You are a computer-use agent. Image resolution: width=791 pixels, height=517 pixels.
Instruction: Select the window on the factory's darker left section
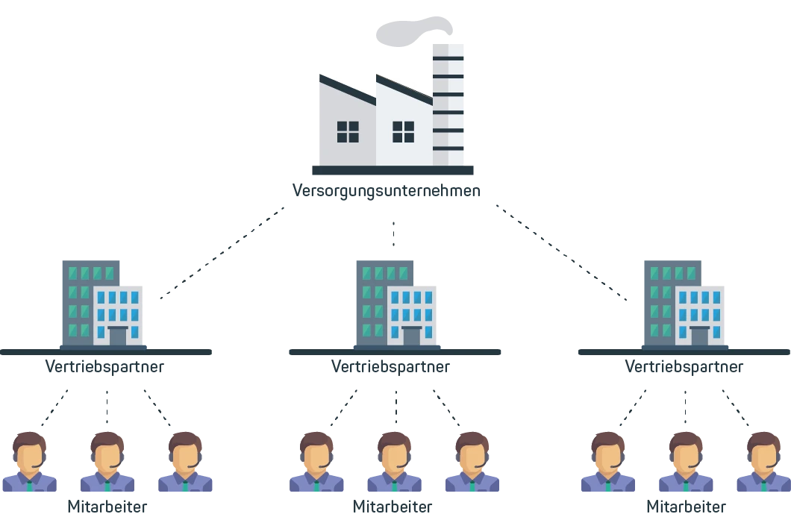tap(348, 131)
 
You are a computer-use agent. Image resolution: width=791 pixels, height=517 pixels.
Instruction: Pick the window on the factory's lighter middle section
tap(403, 131)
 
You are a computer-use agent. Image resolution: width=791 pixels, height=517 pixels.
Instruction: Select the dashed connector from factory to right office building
tap(562, 254)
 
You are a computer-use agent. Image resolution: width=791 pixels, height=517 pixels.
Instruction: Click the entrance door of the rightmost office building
tap(700, 336)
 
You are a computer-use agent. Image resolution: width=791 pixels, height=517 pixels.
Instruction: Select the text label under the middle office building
tap(390, 366)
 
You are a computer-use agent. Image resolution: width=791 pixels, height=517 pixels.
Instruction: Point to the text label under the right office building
tap(683, 366)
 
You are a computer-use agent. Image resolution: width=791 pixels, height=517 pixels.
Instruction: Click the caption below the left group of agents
tap(107, 505)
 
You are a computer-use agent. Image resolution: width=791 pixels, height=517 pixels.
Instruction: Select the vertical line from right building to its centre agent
tap(683, 403)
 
